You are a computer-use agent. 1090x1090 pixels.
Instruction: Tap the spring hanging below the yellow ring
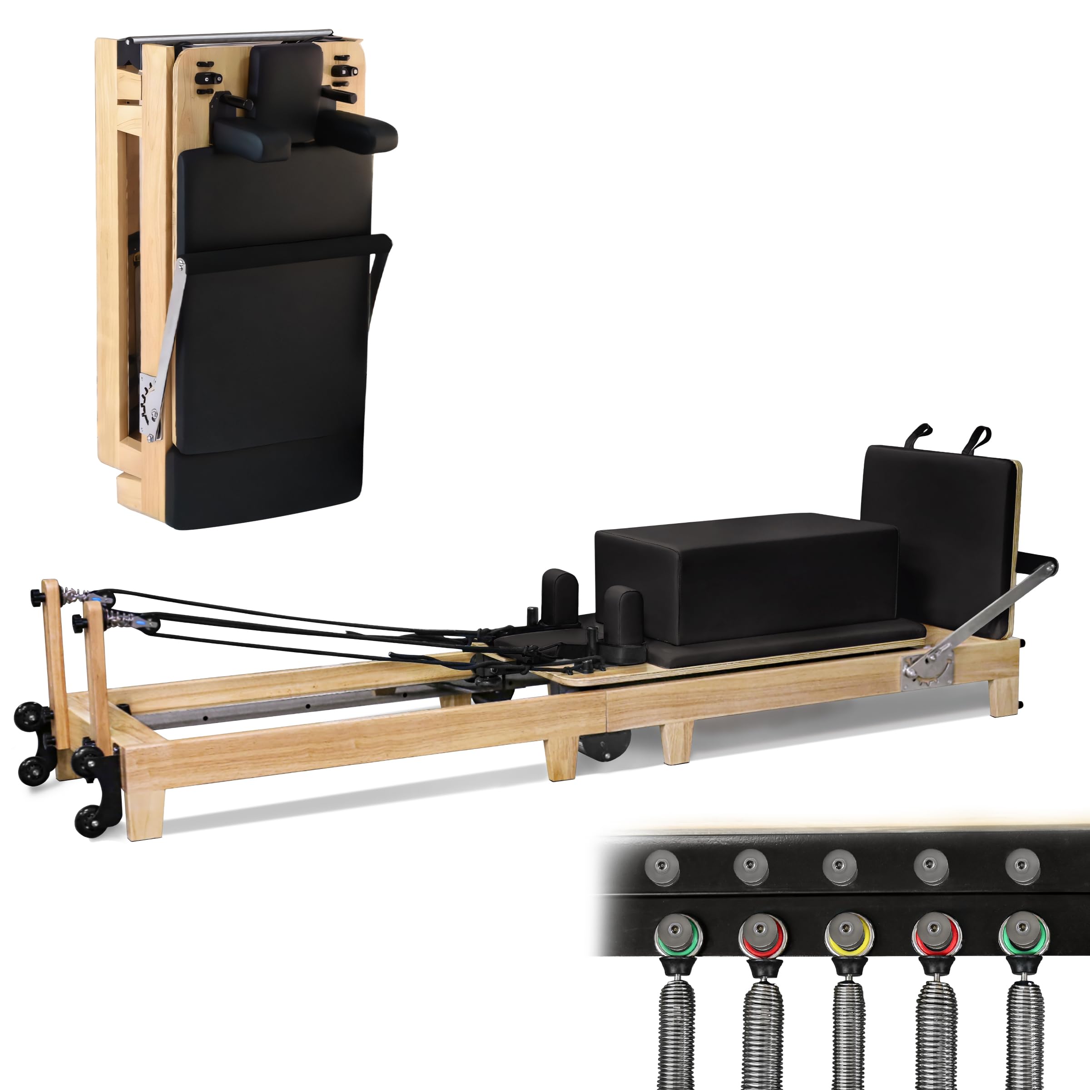[x=847, y=1032]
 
